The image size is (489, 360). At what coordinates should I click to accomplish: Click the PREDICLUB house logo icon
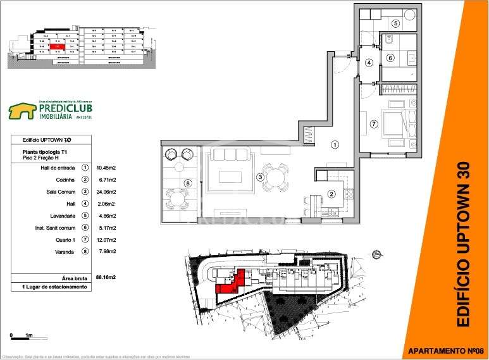[22, 111]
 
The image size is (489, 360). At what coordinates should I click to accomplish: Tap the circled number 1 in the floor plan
[335, 145]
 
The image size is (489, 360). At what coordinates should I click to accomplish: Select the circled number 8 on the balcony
[188, 184]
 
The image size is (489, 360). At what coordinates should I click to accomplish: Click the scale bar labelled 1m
[20, 336]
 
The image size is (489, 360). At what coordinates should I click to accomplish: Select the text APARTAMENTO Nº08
[445, 351]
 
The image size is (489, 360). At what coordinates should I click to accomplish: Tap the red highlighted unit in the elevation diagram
[56, 46]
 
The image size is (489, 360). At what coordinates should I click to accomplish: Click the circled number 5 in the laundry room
[395, 23]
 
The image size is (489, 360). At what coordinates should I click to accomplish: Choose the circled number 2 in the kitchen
[330, 194]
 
